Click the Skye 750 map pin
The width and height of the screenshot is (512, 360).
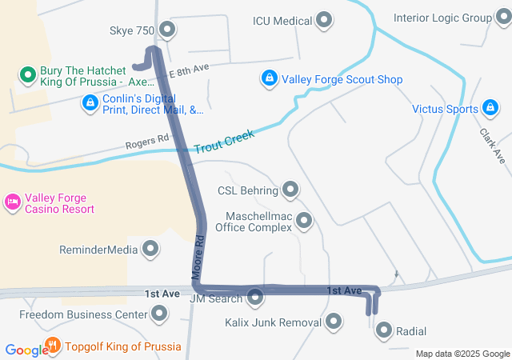tap(167, 30)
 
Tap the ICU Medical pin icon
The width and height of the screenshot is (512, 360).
tap(324, 20)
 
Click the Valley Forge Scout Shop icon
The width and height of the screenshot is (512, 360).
tap(270, 79)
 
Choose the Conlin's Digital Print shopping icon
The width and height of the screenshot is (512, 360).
tap(90, 102)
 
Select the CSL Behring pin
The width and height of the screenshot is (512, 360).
tap(290, 190)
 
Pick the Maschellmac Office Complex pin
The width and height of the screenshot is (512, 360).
tap(304, 221)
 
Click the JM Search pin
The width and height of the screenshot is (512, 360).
tap(255, 298)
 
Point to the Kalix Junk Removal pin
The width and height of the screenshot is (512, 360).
tap(334, 322)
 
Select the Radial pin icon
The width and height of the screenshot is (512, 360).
tap(384, 330)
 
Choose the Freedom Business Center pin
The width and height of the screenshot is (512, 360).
tap(160, 314)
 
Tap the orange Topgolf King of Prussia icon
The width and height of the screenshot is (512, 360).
tap(53, 346)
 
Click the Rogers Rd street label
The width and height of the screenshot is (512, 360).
tap(147, 143)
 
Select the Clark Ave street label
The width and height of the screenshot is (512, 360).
tap(493, 145)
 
